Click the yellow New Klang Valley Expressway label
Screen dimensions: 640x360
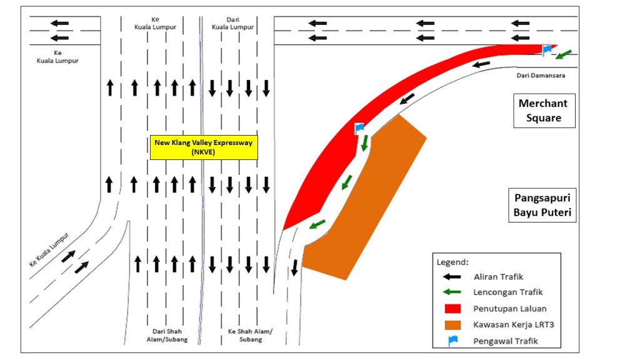click(204, 147)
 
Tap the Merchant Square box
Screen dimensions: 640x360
click(544, 111)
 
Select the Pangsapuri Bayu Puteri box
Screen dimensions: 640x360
click(542, 205)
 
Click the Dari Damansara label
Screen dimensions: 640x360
click(541, 76)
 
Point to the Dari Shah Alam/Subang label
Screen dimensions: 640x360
click(167, 335)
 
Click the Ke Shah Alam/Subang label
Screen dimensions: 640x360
click(250, 335)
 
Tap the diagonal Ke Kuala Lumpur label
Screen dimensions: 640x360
click(49, 249)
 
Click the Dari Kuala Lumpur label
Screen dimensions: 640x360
click(232, 23)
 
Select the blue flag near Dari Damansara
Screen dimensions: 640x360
click(546, 51)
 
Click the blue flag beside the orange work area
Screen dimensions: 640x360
click(359, 129)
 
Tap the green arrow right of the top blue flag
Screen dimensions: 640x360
click(564, 54)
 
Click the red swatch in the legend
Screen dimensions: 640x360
click(452, 309)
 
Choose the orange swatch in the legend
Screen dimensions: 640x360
click(452, 325)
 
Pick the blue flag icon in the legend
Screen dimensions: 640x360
click(452, 341)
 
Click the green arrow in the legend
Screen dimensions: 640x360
click(452, 292)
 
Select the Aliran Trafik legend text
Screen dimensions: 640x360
click(498, 277)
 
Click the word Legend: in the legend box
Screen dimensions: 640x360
click(452, 262)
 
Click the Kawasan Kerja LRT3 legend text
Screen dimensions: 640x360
click(514, 325)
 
